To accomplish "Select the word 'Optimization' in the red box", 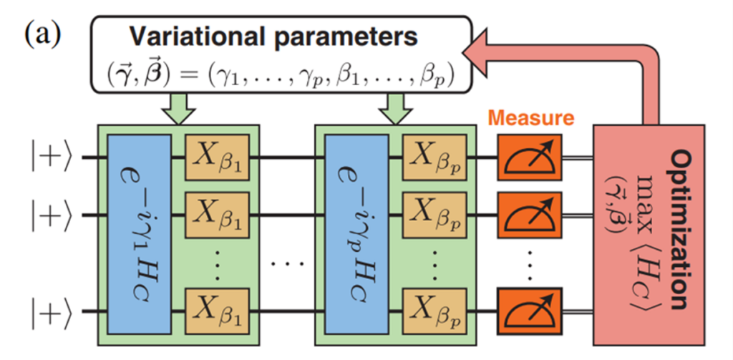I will coord(683,229).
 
